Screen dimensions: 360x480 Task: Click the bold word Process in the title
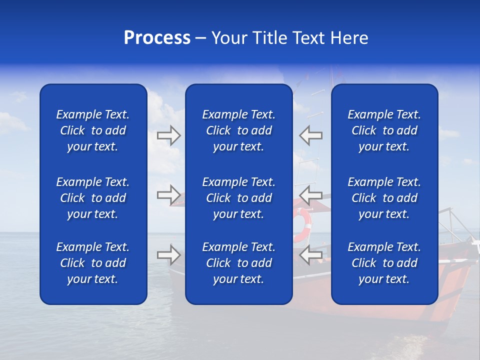click(x=157, y=38)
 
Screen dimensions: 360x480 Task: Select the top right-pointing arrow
click(x=169, y=135)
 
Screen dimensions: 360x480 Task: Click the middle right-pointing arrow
click(x=169, y=195)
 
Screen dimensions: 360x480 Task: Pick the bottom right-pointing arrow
click(x=169, y=255)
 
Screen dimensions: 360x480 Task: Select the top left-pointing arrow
click(x=310, y=135)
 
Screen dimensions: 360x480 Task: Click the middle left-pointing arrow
click(x=310, y=195)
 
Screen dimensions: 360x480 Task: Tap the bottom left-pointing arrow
click(x=310, y=255)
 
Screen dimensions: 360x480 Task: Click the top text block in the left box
click(x=93, y=130)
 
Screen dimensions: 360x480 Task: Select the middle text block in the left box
click(x=93, y=198)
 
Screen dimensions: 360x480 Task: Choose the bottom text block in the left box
click(x=93, y=263)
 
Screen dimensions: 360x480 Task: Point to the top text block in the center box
click(x=238, y=130)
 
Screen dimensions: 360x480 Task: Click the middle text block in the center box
click(x=238, y=198)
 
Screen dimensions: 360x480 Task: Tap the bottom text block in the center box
click(x=238, y=263)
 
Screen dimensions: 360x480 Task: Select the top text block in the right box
click(x=384, y=130)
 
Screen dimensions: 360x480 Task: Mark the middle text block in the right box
click(x=384, y=198)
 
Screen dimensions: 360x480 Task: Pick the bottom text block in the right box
click(x=384, y=263)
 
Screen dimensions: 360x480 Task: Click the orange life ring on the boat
click(x=302, y=225)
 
